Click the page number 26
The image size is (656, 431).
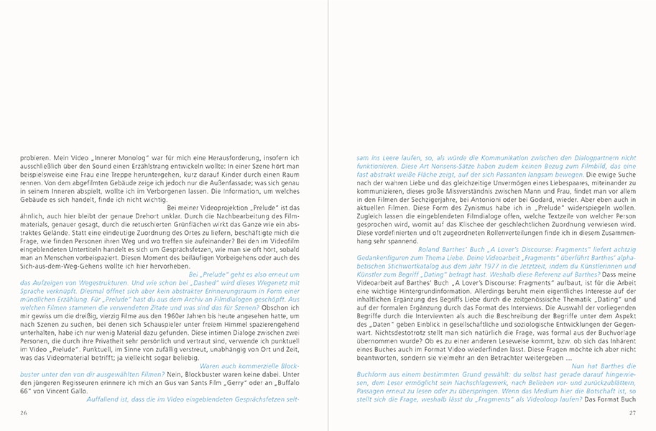(24, 412)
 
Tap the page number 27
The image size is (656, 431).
(632, 412)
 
